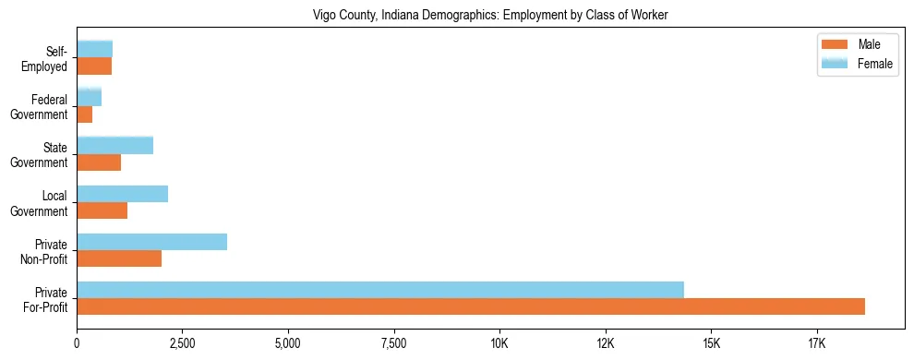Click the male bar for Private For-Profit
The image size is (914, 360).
coord(471,306)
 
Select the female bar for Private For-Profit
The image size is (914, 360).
coord(380,289)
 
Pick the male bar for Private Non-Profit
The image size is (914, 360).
coord(119,258)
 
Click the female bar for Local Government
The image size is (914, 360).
coord(123,194)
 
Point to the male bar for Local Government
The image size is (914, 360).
coord(102,210)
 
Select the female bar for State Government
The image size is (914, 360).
coord(115,145)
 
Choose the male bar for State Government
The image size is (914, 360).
coord(99,162)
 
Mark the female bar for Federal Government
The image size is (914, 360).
coord(90,97)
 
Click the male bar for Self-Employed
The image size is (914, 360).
coord(94,66)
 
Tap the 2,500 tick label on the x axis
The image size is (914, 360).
coord(183,343)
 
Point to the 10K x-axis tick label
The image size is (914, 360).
coord(499,343)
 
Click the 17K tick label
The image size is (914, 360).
coord(816,343)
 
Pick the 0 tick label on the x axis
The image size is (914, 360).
coord(78,343)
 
